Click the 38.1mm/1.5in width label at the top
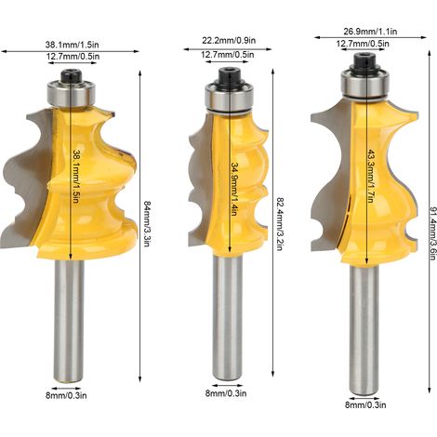[x=72, y=45]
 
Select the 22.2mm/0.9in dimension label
[x=229, y=41]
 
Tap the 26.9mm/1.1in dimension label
[x=370, y=32]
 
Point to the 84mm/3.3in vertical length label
[x=147, y=223]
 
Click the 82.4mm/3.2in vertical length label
[x=280, y=224]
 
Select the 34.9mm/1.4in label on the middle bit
[x=234, y=190]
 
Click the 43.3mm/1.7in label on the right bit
[x=370, y=176]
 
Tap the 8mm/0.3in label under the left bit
[x=66, y=395]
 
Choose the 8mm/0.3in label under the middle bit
[x=226, y=393]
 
